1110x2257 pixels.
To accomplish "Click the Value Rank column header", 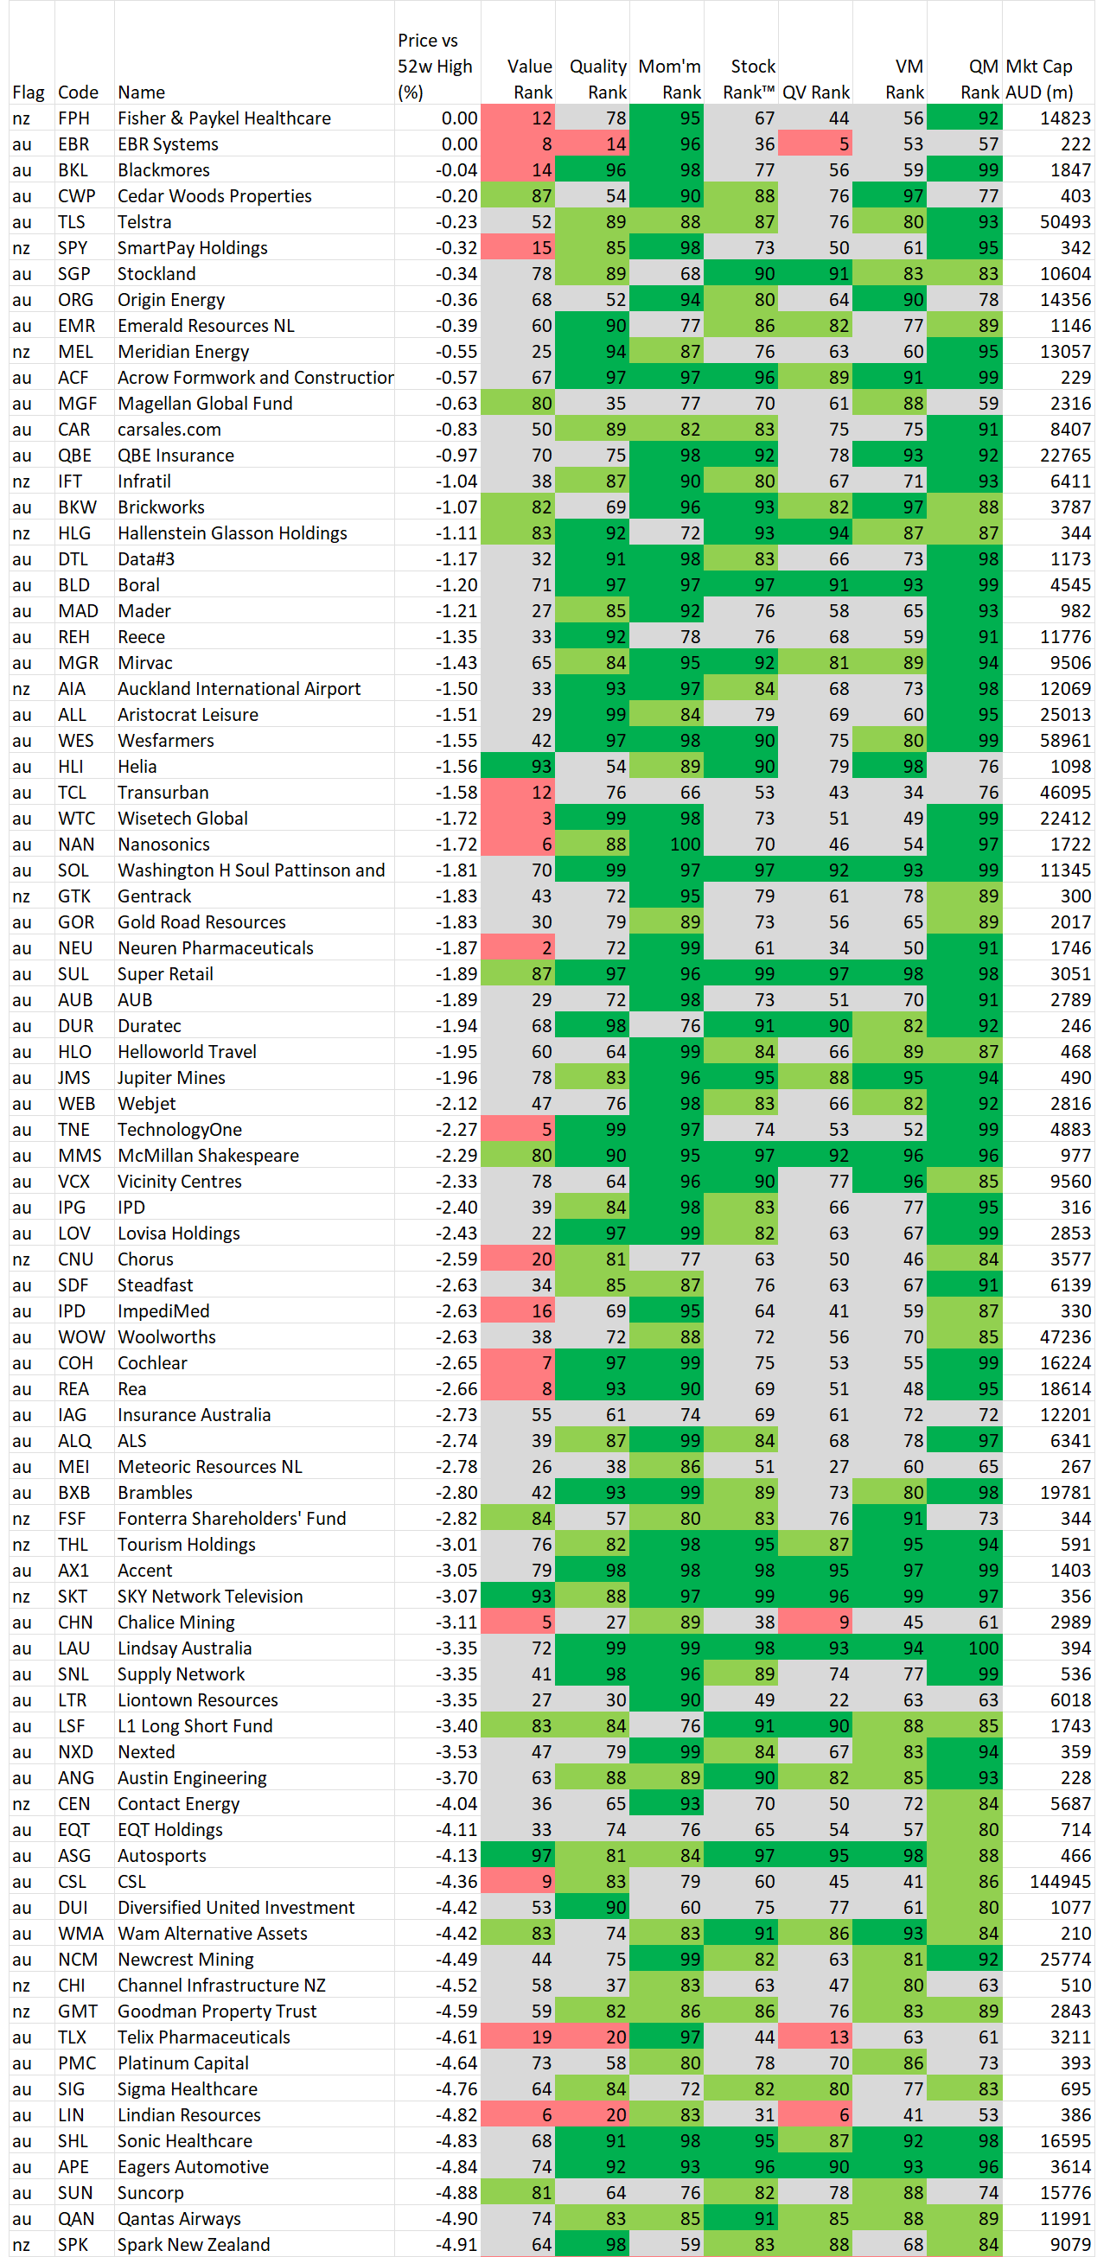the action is (529, 79).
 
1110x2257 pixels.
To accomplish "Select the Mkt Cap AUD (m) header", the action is (1039, 79).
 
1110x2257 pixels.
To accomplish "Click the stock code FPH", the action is (73, 118).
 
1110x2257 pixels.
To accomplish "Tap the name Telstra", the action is (144, 221).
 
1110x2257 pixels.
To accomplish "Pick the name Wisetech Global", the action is (182, 819).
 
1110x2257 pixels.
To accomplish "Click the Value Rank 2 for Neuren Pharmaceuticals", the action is (546, 948).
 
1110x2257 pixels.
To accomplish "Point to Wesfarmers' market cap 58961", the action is (1065, 740).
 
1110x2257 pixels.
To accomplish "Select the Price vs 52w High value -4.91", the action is (456, 2245).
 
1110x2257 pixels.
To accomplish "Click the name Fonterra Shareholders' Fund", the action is (232, 1519).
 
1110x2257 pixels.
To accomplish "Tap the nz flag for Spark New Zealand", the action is (21, 2245).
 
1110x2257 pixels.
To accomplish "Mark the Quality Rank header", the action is (598, 79).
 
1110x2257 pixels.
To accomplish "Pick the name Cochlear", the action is (152, 1362).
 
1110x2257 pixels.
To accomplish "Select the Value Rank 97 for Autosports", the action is (541, 1856).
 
